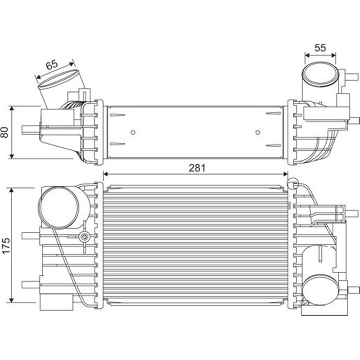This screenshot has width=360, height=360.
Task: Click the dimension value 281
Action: pos(197,168)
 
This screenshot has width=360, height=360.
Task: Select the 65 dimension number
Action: pos(52,64)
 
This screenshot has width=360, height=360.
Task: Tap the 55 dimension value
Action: pos(320,47)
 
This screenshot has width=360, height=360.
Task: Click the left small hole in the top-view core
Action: pos(133,132)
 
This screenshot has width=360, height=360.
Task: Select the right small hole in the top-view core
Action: pos(258,132)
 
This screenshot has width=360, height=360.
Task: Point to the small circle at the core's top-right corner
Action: pos(292,183)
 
